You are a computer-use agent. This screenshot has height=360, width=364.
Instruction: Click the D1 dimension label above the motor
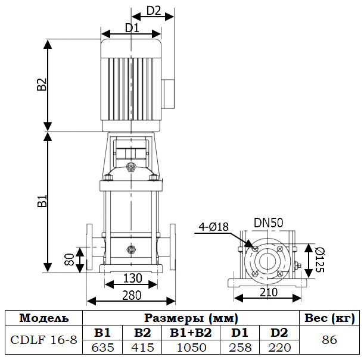(132, 27)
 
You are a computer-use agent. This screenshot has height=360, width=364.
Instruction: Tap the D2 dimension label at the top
(154, 10)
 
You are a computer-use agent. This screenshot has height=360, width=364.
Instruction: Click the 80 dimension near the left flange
(69, 259)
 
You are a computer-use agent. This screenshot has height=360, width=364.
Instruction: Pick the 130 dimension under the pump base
(132, 278)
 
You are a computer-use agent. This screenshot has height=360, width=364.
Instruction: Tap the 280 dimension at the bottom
(132, 295)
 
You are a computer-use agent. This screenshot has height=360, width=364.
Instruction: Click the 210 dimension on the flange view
(269, 292)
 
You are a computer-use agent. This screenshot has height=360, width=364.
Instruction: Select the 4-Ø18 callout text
(214, 226)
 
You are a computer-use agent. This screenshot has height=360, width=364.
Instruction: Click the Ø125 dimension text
(320, 259)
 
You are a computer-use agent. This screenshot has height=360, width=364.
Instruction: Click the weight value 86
(329, 340)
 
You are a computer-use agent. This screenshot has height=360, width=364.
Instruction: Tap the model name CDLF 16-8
(43, 340)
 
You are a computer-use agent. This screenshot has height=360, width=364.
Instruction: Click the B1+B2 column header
(191, 333)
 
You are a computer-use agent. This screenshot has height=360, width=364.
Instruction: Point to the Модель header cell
(43, 318)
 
